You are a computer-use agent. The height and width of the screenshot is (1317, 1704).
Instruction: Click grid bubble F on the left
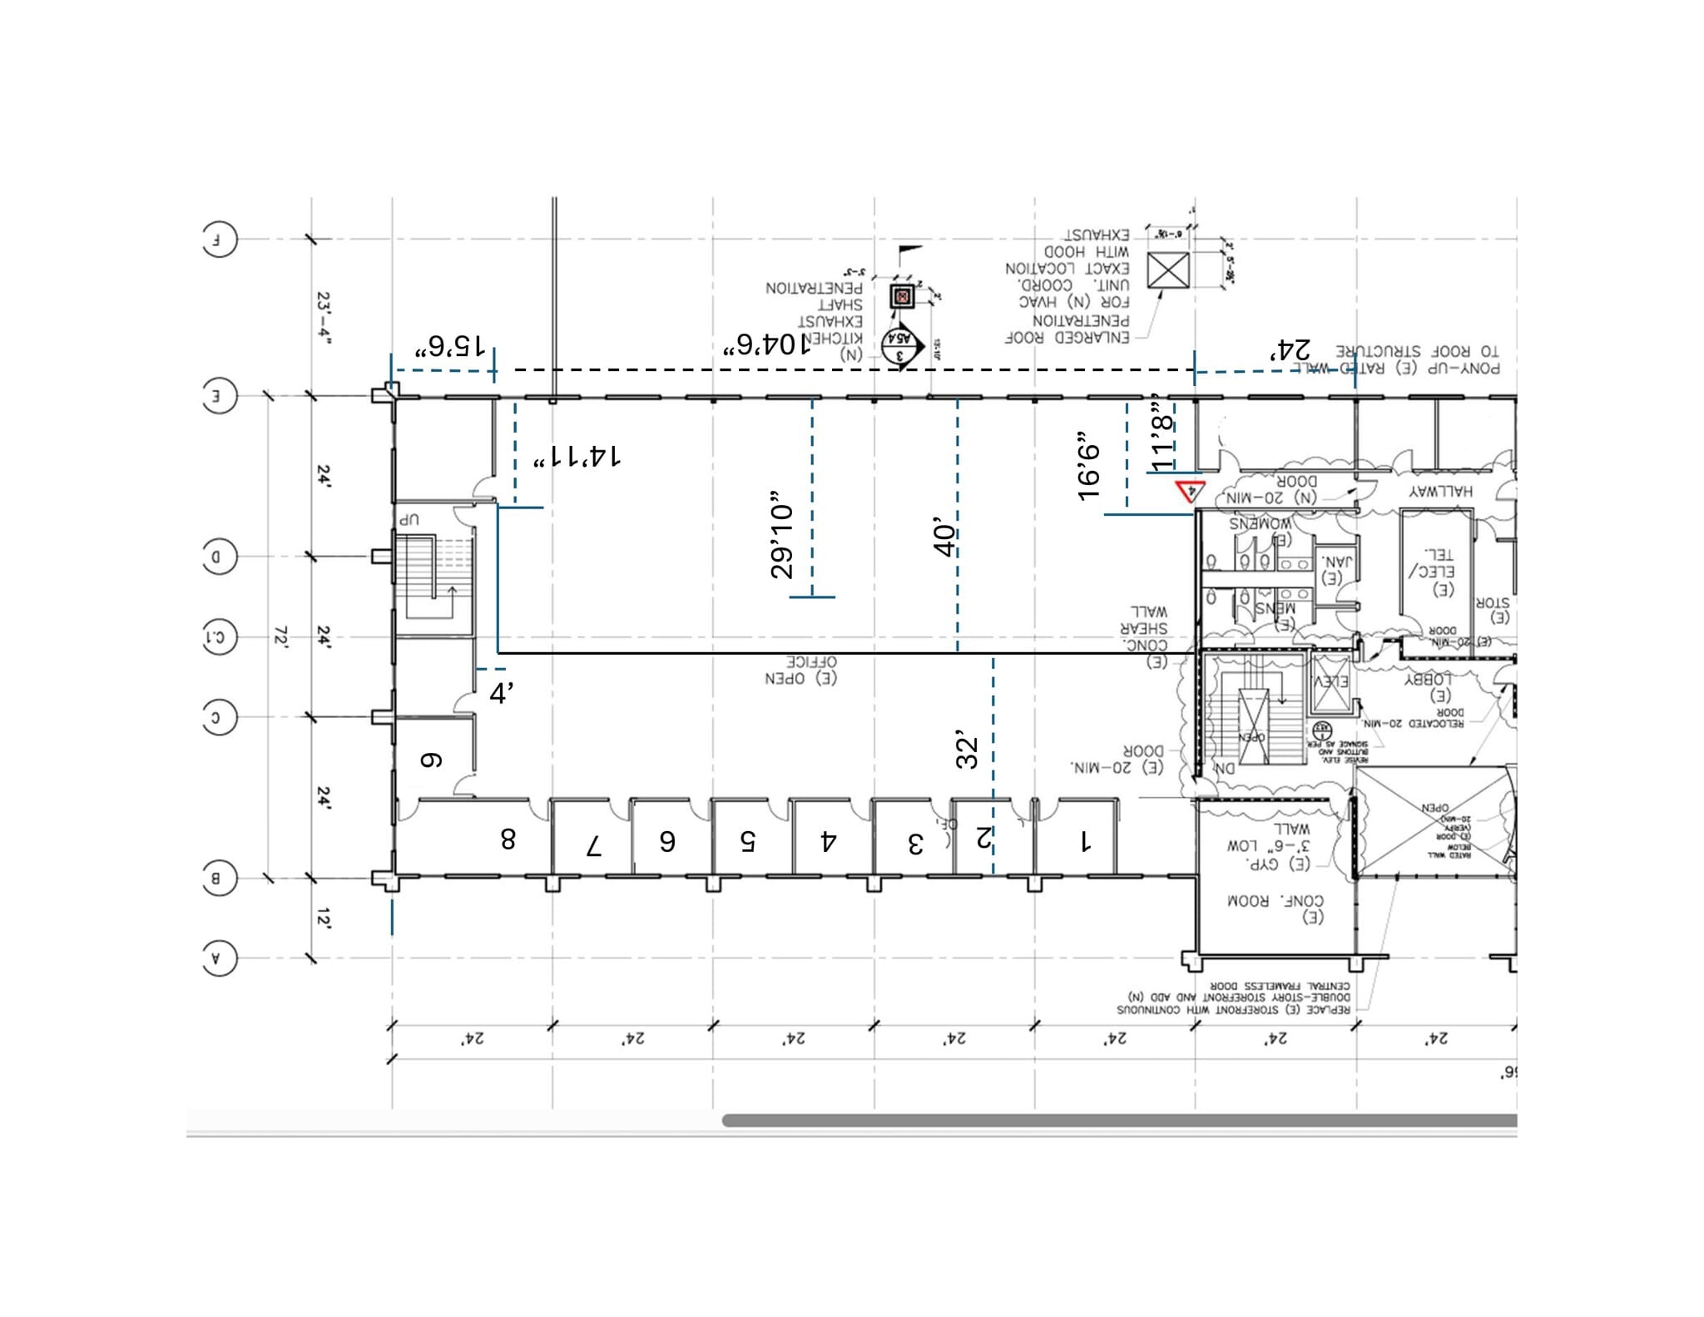pos(219,241)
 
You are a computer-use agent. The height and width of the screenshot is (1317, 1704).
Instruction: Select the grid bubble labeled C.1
pos(219,638)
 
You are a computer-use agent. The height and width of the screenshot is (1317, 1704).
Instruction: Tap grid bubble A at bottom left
pos(219,958)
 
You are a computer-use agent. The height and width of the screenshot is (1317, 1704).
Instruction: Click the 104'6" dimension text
pos(765,344)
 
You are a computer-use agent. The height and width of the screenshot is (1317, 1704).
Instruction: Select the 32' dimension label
pos(967,750)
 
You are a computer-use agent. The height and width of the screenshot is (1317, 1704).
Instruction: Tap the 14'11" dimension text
pos(577,457)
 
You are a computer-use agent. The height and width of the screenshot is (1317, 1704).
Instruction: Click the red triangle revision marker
pos(1188,491)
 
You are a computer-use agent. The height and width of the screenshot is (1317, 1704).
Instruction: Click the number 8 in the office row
pos(508,839)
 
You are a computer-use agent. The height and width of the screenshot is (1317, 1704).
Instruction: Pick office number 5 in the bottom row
pos(747,842)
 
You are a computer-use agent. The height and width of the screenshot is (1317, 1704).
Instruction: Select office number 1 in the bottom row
pos(1085,842)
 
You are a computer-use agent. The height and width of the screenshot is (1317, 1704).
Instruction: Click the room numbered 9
pos(430,760)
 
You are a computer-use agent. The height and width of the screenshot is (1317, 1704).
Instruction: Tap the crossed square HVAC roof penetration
pos(1168,270)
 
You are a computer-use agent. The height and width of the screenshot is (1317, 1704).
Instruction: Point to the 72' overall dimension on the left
pos(280,638)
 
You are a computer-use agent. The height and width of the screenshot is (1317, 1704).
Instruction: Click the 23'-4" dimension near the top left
pos(324,319)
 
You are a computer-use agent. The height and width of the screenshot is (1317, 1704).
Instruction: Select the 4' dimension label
pos(501,693)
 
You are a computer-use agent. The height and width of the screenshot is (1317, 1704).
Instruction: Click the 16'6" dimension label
pos(1089,466)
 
